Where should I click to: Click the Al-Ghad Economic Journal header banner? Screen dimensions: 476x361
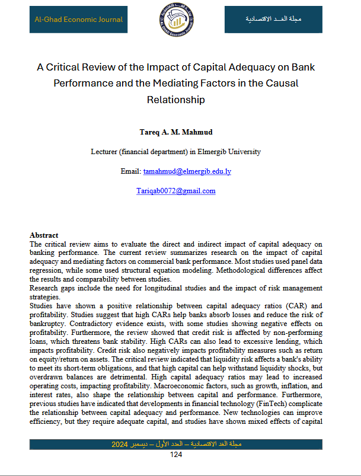(78, 20)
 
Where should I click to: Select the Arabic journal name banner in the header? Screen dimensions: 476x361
(273, 20)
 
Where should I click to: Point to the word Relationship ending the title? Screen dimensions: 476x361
(175, 100)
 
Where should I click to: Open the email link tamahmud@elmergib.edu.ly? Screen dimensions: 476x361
(187, 171)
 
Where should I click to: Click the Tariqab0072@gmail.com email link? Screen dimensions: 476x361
(175, 191)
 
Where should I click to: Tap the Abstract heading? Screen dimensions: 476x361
(44, 235)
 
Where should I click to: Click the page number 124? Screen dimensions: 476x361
(175, 455)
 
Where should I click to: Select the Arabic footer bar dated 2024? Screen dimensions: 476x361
(175, 444)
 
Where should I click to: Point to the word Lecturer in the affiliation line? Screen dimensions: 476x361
(105, 152)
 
